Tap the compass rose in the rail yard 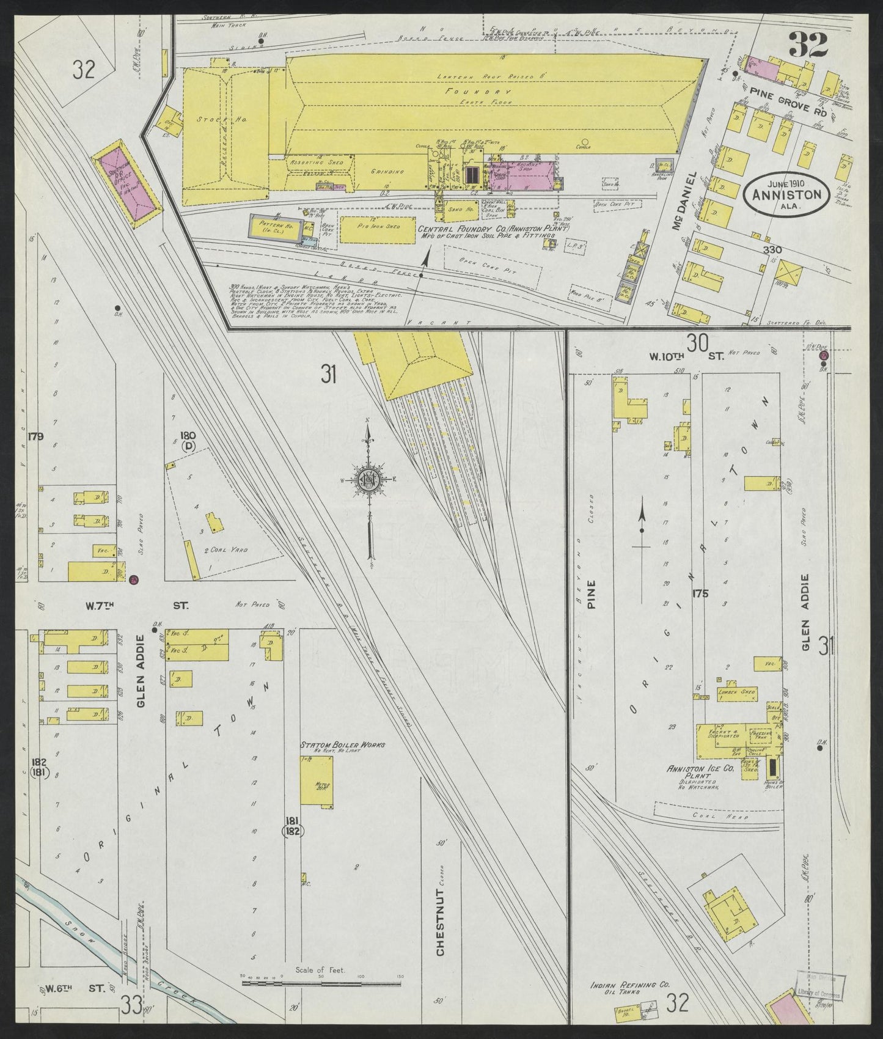point(369,480)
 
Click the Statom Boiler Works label point(328,746)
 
